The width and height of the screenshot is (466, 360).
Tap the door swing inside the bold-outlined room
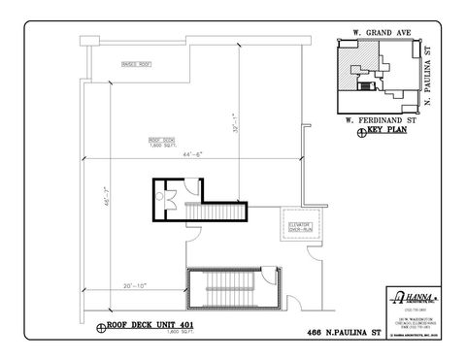point(170,202)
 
